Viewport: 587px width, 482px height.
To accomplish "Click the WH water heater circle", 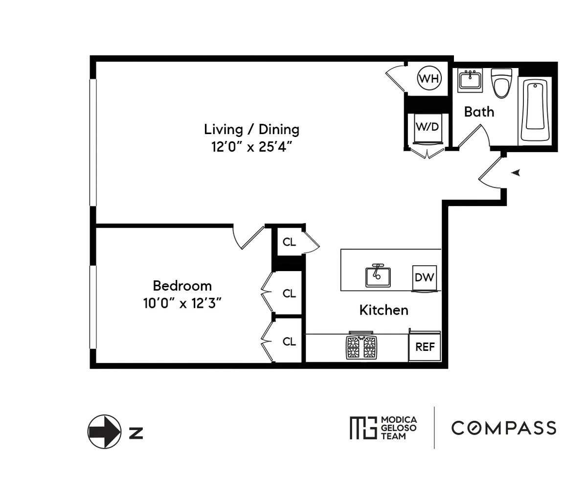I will tap(429, 78).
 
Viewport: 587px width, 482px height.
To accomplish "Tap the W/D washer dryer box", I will tap(427, 127).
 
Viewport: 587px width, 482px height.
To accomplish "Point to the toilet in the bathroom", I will tap(501, 83).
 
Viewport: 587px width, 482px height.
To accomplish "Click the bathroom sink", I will tap(470, 80).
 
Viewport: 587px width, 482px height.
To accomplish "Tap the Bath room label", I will tap(479, 112).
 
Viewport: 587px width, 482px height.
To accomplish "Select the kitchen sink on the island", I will tap(378, 276).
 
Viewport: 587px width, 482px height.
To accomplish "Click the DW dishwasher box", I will tap(424, 277).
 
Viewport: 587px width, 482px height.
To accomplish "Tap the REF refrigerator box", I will tap(425, 347).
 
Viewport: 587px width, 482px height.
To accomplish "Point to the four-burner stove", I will tap(362, 347).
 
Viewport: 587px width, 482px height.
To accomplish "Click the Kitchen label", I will tap(384, 310).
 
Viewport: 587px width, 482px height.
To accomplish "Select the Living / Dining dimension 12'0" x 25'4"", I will tap(251, 147).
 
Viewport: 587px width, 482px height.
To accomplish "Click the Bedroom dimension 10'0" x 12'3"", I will tap(182, 303).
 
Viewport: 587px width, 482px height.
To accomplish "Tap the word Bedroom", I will tap(182, 286).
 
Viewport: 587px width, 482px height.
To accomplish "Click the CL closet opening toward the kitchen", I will tap(290, 242).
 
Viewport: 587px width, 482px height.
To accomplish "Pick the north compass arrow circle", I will tap(104, 432).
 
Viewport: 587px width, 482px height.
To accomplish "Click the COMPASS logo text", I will tap(503, 428).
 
